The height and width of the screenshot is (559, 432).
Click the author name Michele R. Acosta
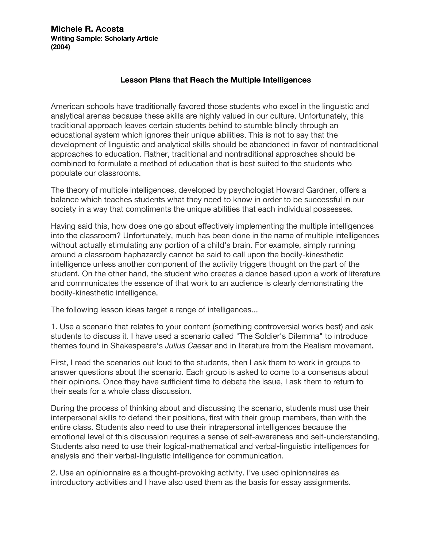pos(87,29)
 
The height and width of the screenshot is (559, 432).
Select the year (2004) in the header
pos(60,47)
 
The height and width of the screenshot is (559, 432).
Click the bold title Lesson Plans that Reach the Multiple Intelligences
pos(216,80)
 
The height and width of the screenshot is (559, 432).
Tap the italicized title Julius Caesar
pos(188,346)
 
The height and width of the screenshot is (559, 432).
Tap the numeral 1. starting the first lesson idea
pos(54,327)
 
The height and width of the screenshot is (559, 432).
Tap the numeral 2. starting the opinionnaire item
pos(54,473)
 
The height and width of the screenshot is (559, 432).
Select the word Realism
pos(319,346)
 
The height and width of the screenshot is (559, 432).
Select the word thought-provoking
pos(181,473)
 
